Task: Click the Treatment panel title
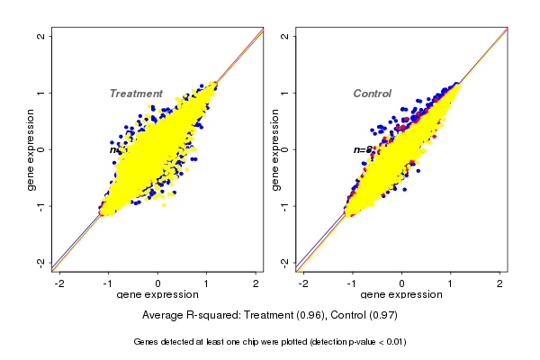tap(136, 94)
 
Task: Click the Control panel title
tap(372, 94)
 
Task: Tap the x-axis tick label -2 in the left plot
tap(59, 283)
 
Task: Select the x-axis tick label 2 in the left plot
tap(256, 283)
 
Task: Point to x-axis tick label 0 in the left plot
tap(158, 283)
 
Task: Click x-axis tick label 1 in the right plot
tap(451, 283)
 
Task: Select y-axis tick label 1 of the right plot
tap(285, 93)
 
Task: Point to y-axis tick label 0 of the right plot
tap(285, 149)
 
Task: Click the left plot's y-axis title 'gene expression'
tap(31, 149)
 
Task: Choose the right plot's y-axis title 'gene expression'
tap(275, 149)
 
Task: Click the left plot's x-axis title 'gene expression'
tap(157, 295)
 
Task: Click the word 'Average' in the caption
tap(164, 316)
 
